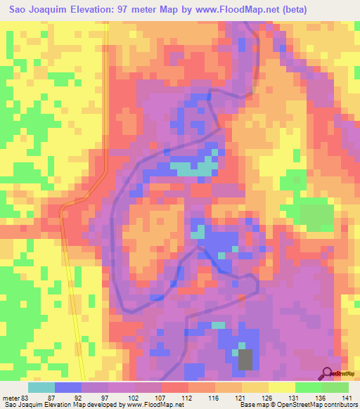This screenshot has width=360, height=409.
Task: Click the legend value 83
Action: [25, 398]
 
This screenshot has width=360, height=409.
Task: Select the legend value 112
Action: [187, 398]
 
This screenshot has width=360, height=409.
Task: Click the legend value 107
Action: [161, 398]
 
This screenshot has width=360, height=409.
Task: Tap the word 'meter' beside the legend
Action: [11, 398]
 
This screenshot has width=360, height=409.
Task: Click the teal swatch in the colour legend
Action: [41, 387]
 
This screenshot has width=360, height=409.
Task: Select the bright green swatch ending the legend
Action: [335, 387]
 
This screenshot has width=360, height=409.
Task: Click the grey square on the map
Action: [245, 359]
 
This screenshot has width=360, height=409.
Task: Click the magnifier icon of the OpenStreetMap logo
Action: [327, 372]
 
